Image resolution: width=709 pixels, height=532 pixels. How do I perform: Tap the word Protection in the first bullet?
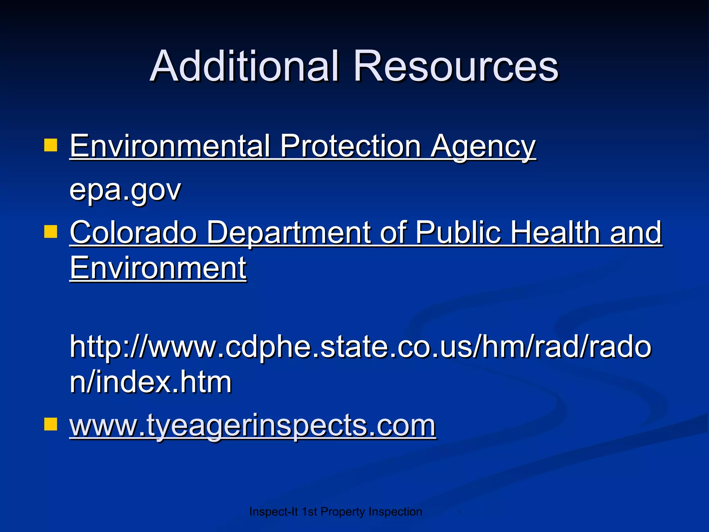(x=350, y=146)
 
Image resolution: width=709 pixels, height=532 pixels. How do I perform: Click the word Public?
(x=458, y=232)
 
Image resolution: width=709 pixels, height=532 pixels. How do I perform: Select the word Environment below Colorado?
(x=158, y=268)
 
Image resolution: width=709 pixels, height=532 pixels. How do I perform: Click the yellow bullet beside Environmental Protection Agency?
(x=51, y=145)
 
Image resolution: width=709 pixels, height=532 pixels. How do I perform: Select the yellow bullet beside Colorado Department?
(x=51, y=232)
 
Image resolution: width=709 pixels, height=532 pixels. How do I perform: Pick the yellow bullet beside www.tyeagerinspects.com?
(x=51, y=424)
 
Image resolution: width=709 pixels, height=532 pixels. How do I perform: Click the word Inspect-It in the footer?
(x=273, y=512)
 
